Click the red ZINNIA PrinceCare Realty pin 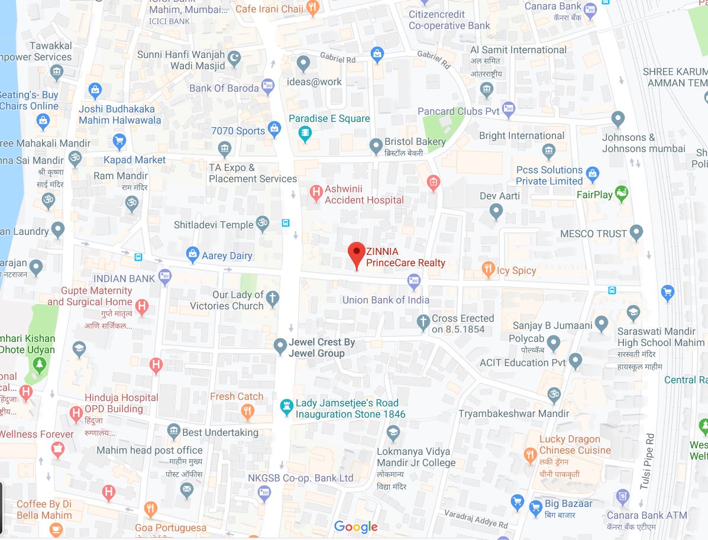point(356,254)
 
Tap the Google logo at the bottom point(355,526)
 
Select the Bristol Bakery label point(415,142)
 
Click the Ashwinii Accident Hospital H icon point(316,191)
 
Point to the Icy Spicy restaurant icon point(488,270)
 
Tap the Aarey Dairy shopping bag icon point(192,255)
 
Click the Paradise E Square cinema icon point(305,132)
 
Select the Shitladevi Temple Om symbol point(263,224)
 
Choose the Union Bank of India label point(386,300)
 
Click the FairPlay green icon point(621,193)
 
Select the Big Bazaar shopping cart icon point(536,506)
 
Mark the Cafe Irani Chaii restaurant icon point(313,7)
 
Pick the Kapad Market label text point(135,160)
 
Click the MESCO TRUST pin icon point(636,232)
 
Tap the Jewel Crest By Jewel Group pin point(280,346)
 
